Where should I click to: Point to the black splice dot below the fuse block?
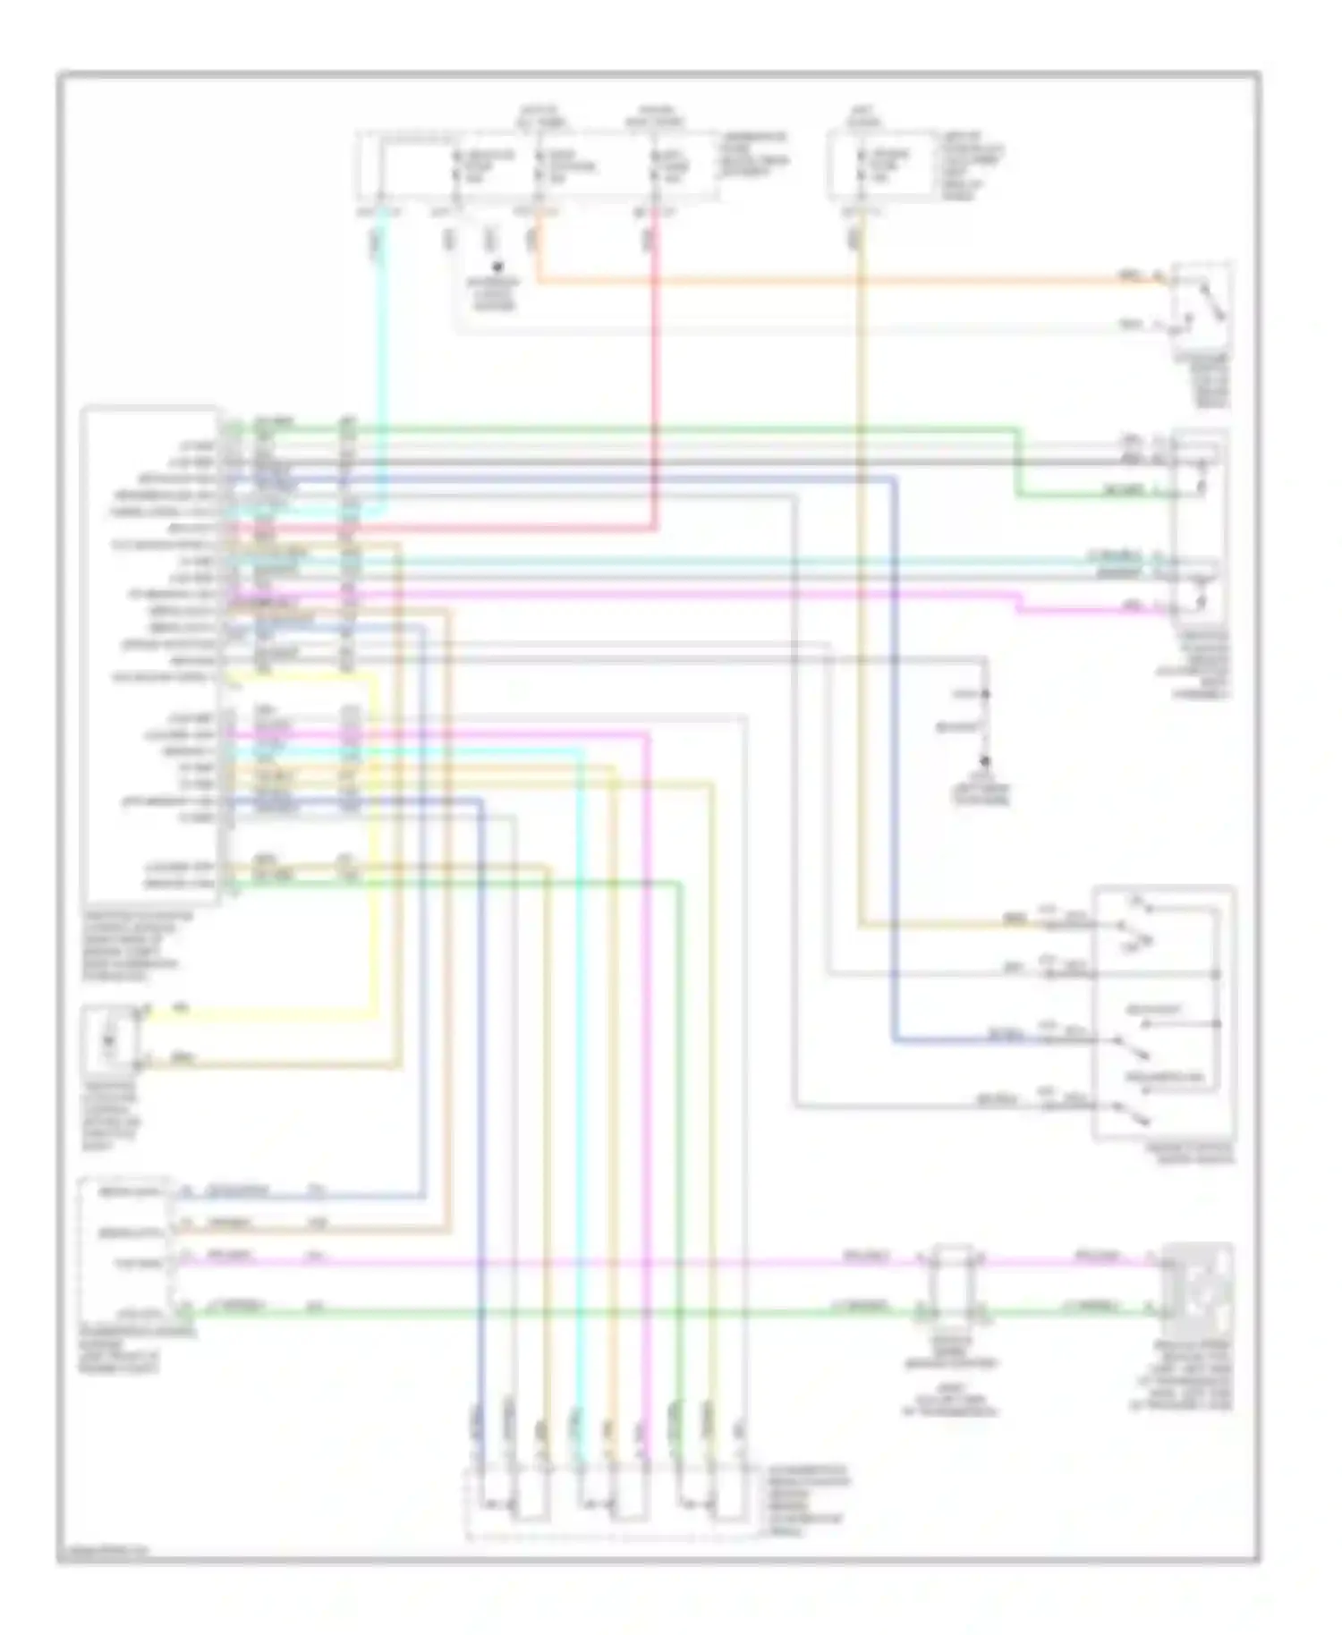[497, 267]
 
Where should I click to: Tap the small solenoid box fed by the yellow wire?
[112, 1040]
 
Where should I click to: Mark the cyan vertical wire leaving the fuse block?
[383, 358]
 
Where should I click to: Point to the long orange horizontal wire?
[805, 283]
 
